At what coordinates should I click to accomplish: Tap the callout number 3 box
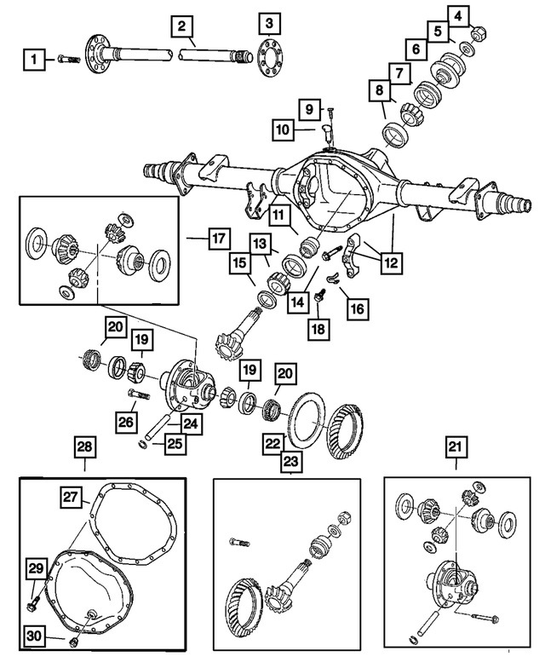tap(269, 22)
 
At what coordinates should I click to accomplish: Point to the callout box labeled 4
tap(457, 15)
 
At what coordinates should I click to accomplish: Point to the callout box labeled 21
tap(456, 446)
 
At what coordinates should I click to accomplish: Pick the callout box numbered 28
tap(85, 446)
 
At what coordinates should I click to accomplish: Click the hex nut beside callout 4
tap(479, 35)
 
